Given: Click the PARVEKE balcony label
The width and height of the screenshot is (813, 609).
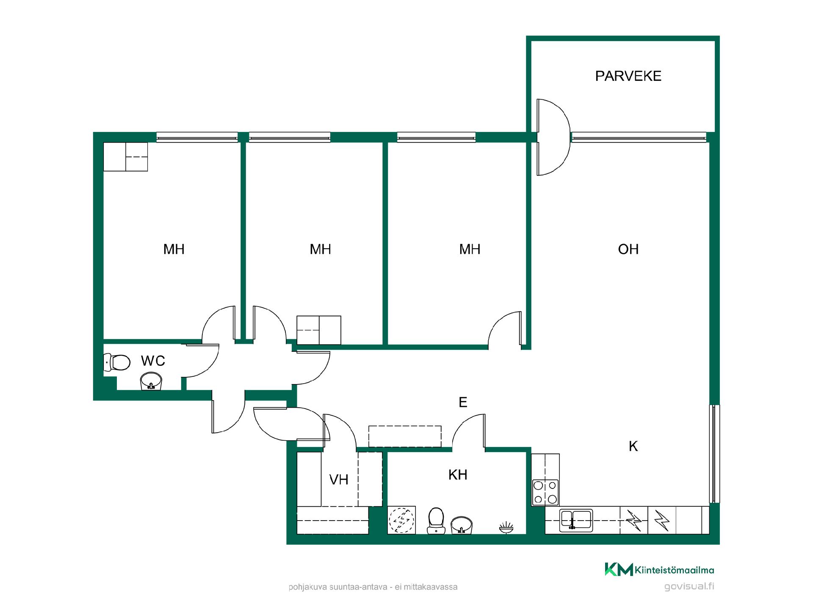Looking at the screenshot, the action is tap(628, 76).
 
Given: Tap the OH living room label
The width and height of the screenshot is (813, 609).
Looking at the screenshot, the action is tap(628, 249).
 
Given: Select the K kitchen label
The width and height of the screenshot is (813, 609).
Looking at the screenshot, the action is tap(633, 446).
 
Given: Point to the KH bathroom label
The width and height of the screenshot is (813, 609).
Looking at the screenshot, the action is tap(458, 475).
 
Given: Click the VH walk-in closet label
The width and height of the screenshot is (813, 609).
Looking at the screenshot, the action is tap(339, 480).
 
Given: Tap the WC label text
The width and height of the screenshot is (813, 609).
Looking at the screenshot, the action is tap(153, 361).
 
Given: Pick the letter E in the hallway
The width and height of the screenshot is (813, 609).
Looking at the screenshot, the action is tap(463, 402).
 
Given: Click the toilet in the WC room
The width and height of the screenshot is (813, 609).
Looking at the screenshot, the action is tap(117, 362).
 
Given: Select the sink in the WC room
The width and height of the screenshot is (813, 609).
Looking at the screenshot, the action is tap(151, 381).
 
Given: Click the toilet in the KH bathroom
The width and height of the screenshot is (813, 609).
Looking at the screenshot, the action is tap(436, 521).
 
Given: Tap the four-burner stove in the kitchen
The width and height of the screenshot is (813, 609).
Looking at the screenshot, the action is tap(545, 492).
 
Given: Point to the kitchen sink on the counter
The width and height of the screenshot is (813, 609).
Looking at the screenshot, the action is tap(576, 520).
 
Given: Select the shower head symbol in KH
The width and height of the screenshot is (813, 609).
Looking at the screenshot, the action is tap(506, 527).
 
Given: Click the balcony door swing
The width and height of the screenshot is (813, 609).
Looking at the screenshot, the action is tap(554, 137).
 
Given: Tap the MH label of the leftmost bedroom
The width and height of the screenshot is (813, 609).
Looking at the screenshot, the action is tap(174, 249).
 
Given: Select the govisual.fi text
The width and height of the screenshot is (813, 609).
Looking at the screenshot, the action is tap(689, 587).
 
